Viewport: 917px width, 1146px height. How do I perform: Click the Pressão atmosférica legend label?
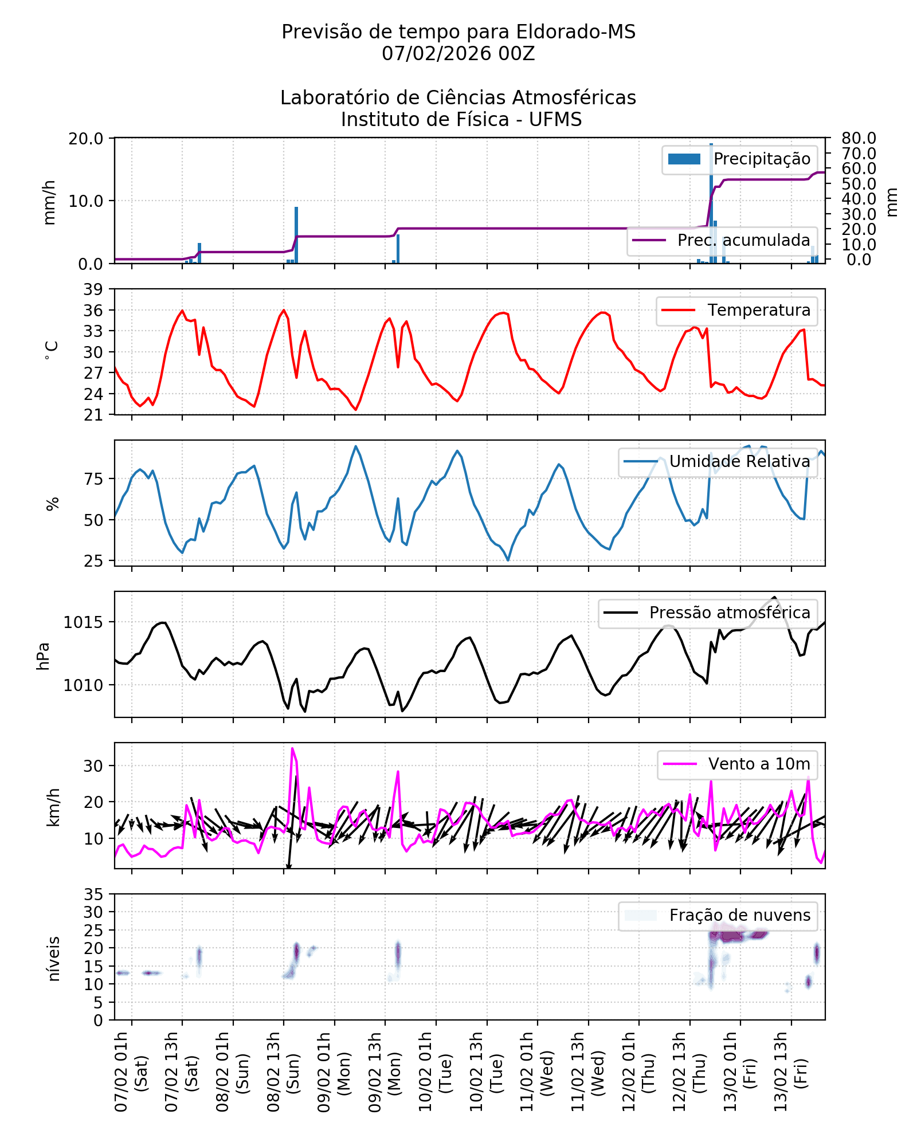click(730, 613)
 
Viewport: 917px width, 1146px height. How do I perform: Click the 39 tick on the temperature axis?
click(93, 289)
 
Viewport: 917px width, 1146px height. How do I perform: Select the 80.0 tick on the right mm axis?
click(859, 138)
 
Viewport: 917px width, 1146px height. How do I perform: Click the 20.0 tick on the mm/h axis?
click(86, 139)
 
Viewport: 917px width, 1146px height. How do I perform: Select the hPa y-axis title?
click(44, 656)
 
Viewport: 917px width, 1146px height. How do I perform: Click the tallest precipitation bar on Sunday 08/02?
click(296, 235)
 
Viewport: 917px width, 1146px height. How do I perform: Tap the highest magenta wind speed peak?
click(292, 748)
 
